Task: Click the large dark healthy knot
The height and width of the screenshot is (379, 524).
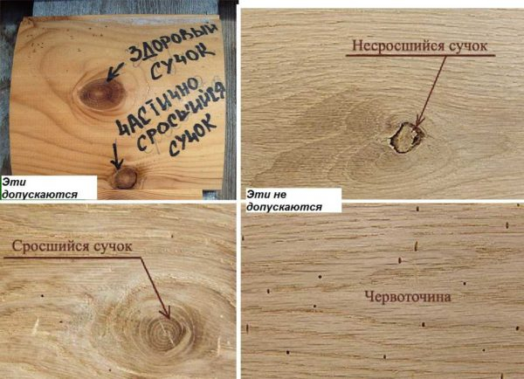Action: click(x=102, y=94)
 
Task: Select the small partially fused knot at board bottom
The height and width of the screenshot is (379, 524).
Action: click(x=125, y=178)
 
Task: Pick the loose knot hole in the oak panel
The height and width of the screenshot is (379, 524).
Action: click(x=407, y=138)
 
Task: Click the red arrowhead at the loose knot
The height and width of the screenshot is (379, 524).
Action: click(x=418, y=122)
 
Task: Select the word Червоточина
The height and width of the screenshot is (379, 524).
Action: click(x=408, y=297)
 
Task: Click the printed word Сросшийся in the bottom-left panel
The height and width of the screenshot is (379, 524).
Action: click(x=51, y=246)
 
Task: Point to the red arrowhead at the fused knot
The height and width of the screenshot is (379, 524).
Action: click(x=166, y=314)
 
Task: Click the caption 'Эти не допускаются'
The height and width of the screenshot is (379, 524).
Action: click(x=284, y=201)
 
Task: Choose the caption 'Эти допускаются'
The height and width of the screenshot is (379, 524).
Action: click(x=39, y=188)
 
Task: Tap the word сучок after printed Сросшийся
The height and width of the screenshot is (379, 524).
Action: click(x=113, y=247)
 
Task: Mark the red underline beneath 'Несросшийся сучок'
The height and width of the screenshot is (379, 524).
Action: click(x=420, y=55)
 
